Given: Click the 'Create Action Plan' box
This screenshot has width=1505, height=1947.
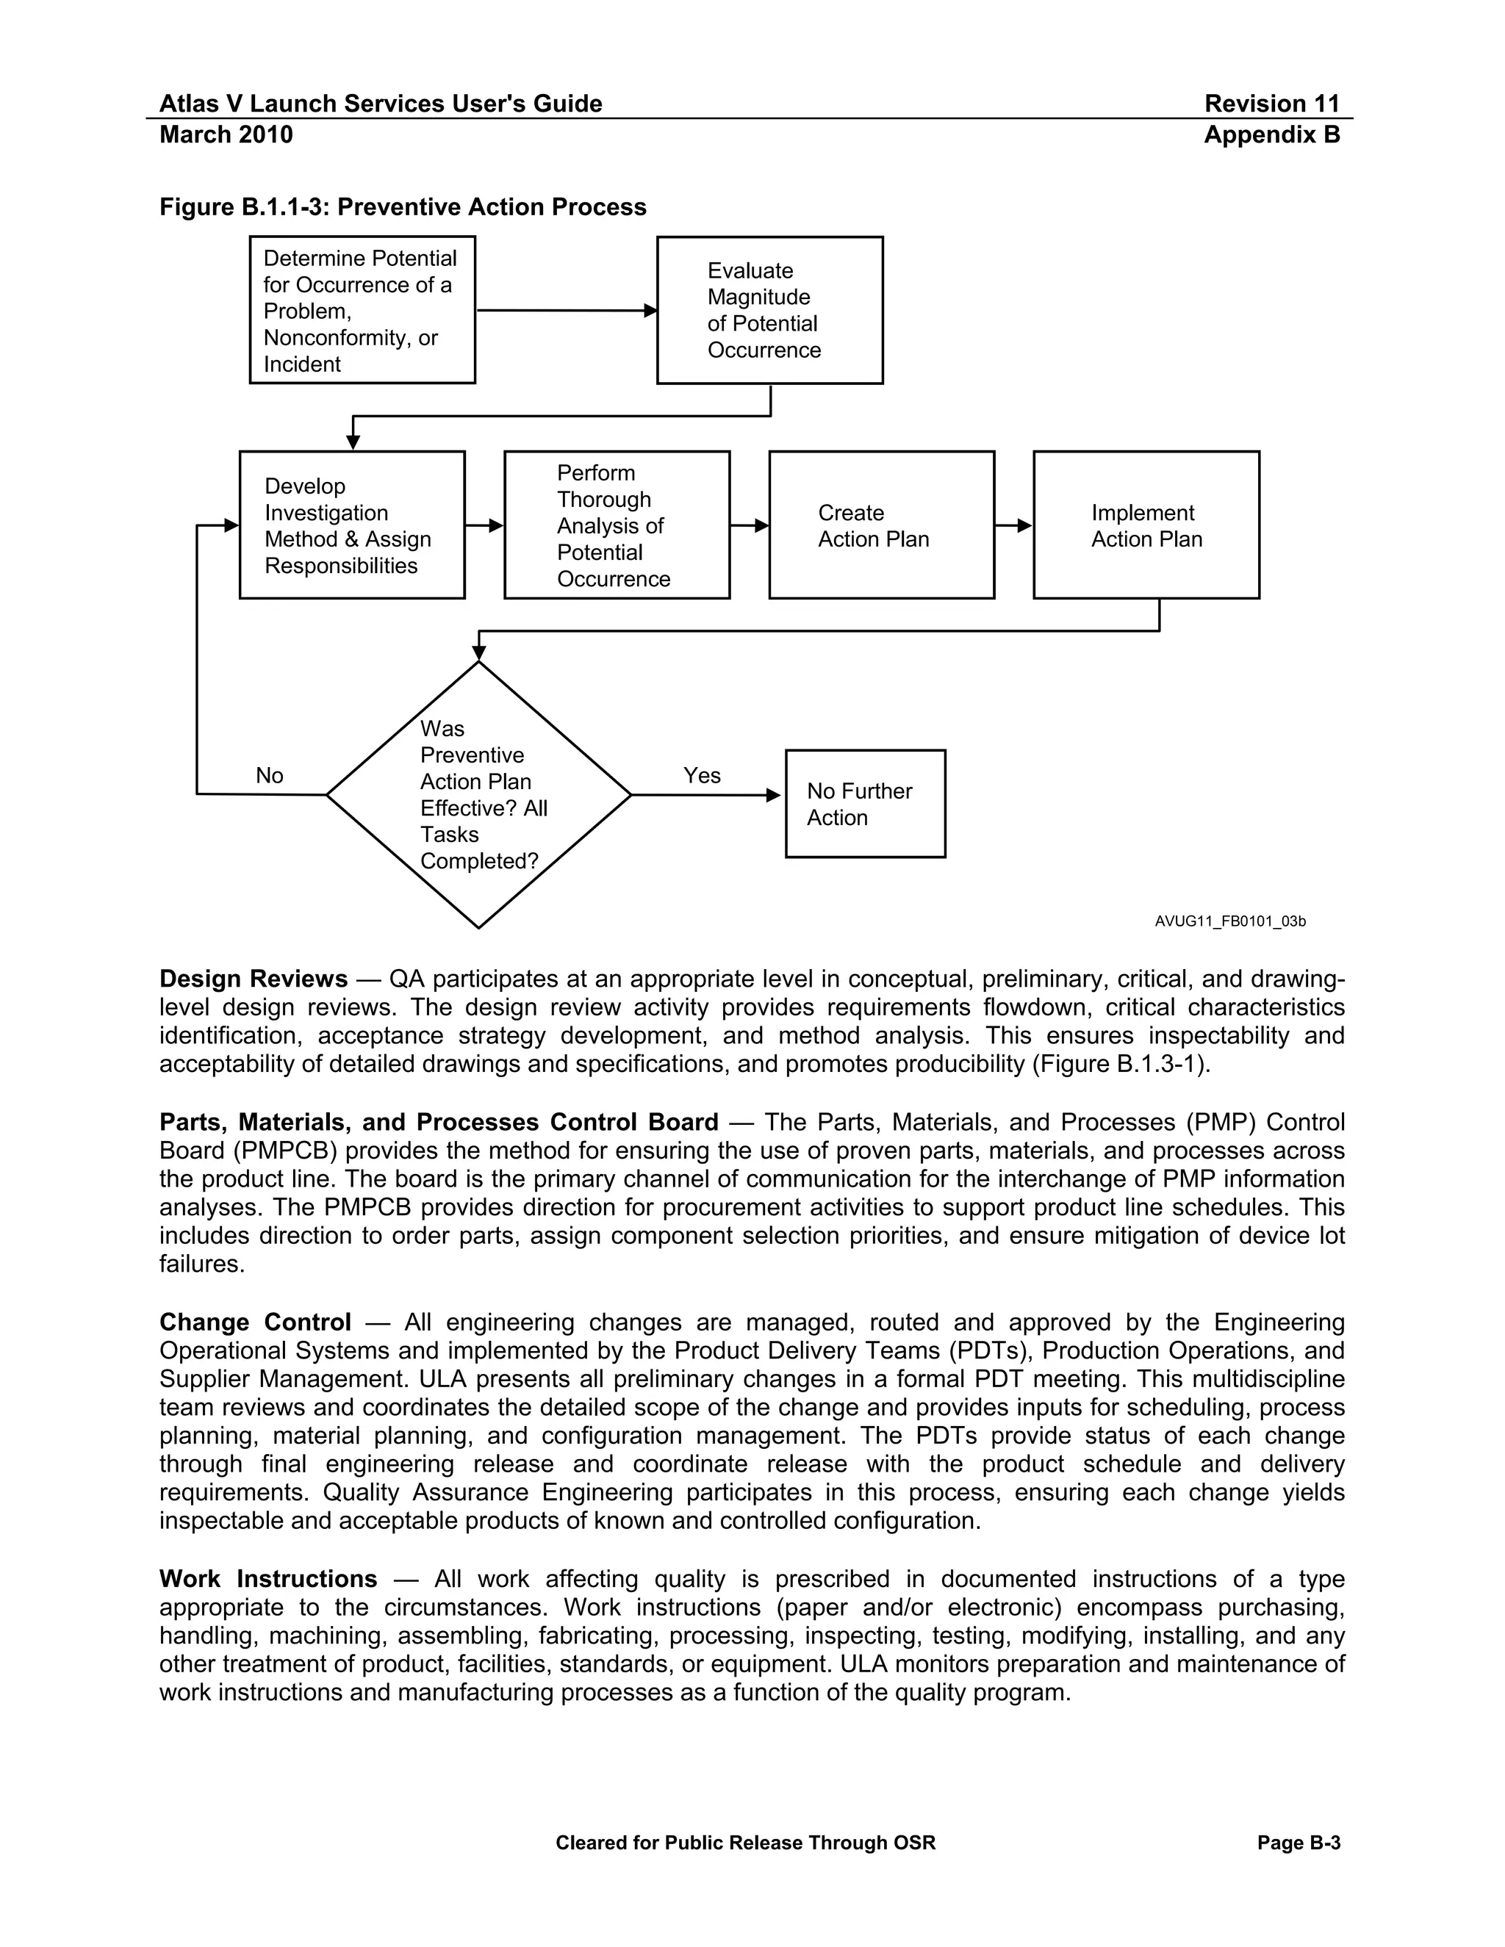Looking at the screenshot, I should (881, 525).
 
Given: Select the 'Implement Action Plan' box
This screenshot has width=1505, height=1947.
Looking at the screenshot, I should (1146, 525).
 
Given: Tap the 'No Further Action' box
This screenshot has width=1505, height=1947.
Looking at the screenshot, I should (865, 803).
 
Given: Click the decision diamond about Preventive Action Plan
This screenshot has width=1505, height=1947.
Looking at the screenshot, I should (479, 794).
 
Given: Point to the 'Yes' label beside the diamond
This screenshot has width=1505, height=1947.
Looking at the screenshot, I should (702, 776).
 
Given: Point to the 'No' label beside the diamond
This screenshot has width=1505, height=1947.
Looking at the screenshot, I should (269, 776).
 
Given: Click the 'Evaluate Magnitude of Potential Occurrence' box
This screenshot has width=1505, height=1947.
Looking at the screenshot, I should (769, 310).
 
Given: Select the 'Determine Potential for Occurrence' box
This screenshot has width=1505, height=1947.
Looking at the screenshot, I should (362, 310).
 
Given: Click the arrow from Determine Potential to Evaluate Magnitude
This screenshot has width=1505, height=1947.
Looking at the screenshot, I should (566, 310).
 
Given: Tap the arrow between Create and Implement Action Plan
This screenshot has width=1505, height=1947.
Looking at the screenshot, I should (1013, 526).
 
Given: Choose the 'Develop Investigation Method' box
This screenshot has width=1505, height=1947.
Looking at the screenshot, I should (351, 525).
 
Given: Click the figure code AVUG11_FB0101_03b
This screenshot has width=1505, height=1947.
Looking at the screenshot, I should (1229, 921).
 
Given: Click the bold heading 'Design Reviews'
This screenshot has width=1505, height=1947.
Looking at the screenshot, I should (254, 979).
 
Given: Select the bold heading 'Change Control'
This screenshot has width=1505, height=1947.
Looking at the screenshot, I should (255, 1322).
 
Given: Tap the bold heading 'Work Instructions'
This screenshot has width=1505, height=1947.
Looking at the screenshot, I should (267, 1579).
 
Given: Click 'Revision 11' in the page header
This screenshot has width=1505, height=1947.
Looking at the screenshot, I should (1271, 104).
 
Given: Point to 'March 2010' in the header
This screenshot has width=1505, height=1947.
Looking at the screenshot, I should (226, 134).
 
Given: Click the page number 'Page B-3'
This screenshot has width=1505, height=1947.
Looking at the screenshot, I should (1299, 1843).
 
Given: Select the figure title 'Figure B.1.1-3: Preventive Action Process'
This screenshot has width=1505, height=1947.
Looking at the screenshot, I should (402, 207).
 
